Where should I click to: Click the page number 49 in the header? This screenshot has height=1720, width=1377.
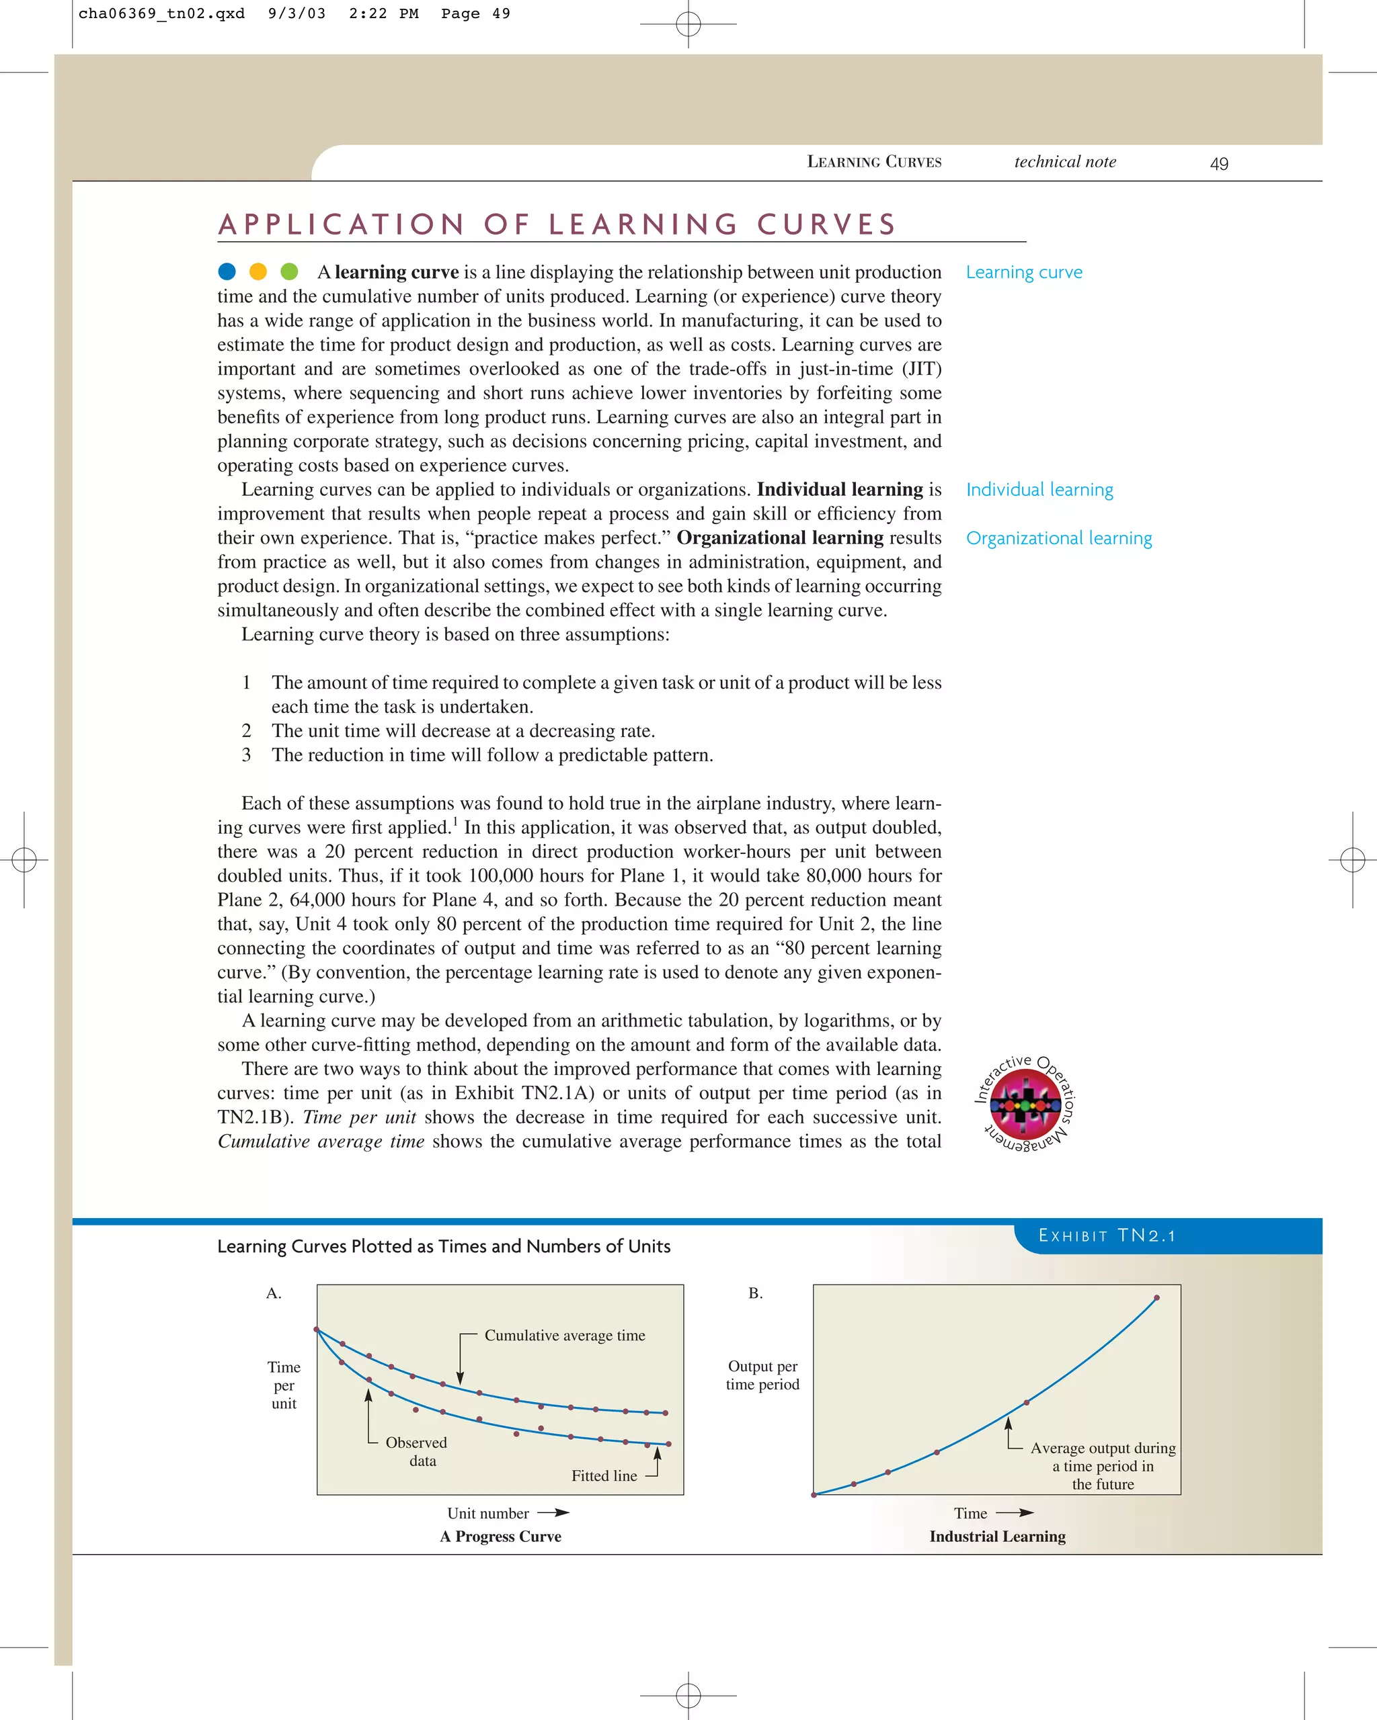[x=1218, y=163]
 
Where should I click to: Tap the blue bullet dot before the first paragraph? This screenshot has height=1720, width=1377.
[x=227, y=272]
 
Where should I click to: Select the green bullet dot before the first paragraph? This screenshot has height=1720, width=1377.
[x=289, y=272]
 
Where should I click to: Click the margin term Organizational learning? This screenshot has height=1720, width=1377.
[x=1058, y=538]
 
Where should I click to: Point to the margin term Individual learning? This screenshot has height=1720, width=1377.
[x=1039, y=490]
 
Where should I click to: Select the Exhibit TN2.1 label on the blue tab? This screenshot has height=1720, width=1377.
[x=1107, y=1236]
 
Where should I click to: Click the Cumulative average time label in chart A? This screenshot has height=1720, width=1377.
[x=564, y=1336]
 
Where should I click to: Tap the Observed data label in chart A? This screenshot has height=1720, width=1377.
[x=417, y=1452]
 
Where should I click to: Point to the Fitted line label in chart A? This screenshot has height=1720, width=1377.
[x=604, y=1476]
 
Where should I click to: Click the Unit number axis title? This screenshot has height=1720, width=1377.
[x=487, y=1513]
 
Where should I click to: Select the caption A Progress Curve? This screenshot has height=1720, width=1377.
[x=500, y=1537]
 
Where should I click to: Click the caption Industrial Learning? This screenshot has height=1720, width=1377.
[x=997, y=1537]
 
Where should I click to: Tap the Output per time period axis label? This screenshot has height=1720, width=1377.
[x=762, y=1375]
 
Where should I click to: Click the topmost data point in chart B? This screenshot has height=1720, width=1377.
[x=1156, y=1298]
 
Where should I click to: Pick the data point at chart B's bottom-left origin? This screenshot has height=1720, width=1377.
[x=814, y=1494]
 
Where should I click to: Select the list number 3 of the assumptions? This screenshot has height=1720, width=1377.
[x=247, y=755]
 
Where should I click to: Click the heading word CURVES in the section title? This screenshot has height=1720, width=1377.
[x=826, y=224]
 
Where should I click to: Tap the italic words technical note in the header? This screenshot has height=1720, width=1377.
[x=1065, y=162]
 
